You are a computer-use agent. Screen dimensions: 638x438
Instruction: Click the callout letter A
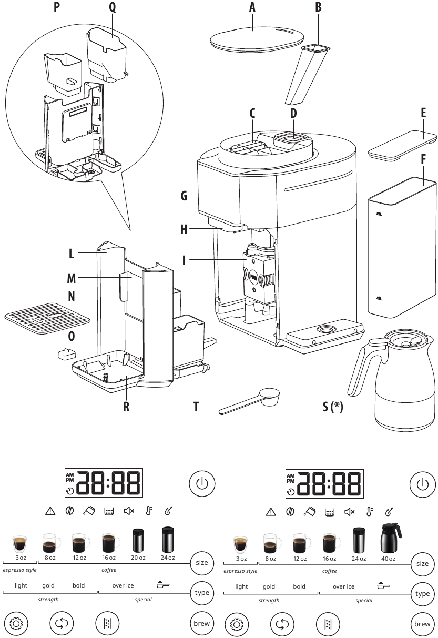coord(252,7)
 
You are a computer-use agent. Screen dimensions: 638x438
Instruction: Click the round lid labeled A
coord(257,37)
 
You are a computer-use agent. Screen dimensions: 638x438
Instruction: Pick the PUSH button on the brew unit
coord(252,274)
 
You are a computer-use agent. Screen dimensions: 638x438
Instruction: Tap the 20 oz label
coord(138,558)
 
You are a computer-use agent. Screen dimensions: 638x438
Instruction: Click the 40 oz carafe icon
coord(390,538)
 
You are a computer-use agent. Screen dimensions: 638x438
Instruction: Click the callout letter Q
coord(112,7)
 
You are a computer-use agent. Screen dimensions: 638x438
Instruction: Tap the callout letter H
coord(184,229)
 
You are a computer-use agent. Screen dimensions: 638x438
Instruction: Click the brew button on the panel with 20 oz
coord(201,623)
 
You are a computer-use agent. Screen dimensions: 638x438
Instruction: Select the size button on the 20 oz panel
coord(201,562)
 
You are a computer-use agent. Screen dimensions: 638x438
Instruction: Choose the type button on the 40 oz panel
coord(422,593)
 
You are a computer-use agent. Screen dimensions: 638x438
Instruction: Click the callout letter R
coord(126,407)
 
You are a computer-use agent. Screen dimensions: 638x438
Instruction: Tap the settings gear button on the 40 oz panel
coord(237,624)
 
